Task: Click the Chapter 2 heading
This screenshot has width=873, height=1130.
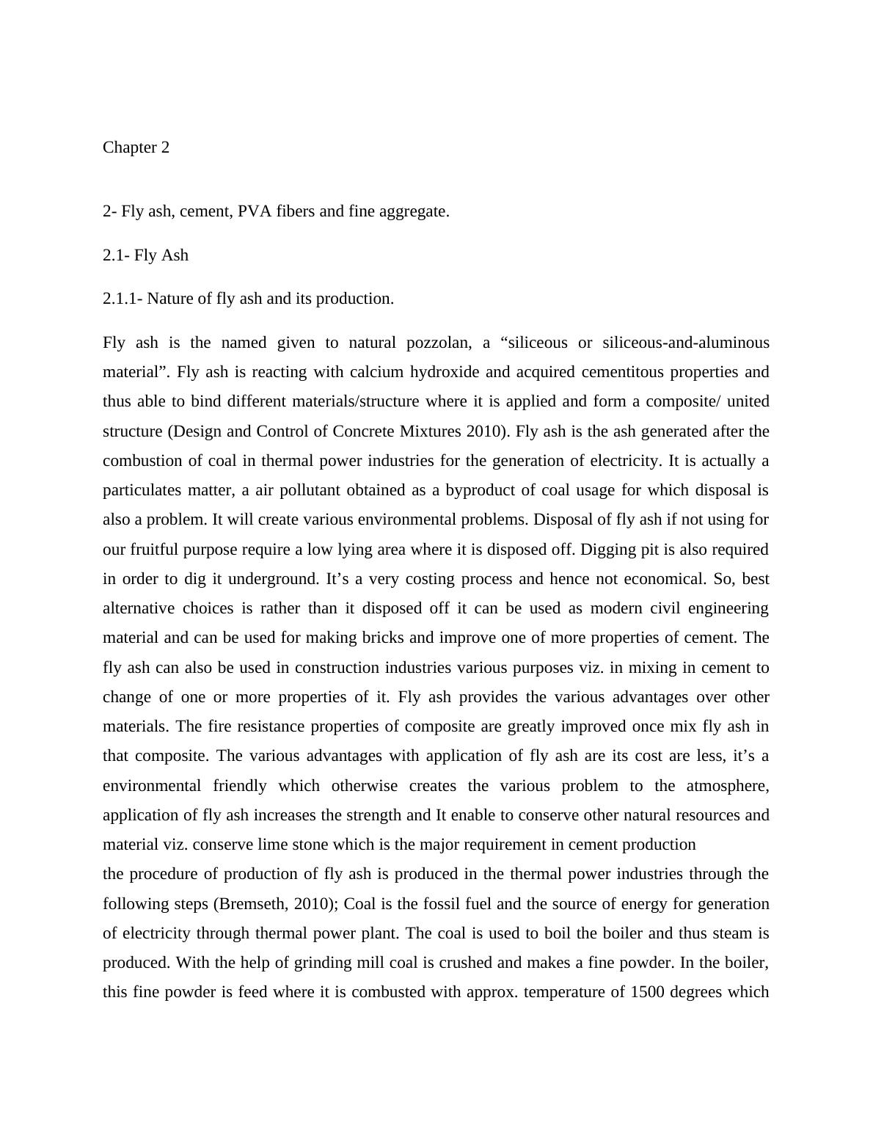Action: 136,147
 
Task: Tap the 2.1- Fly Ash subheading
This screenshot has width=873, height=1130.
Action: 145,255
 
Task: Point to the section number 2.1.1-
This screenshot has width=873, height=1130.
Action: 123,299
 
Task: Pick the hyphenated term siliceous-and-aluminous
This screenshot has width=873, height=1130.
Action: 685,343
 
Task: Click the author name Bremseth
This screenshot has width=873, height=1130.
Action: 251,904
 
